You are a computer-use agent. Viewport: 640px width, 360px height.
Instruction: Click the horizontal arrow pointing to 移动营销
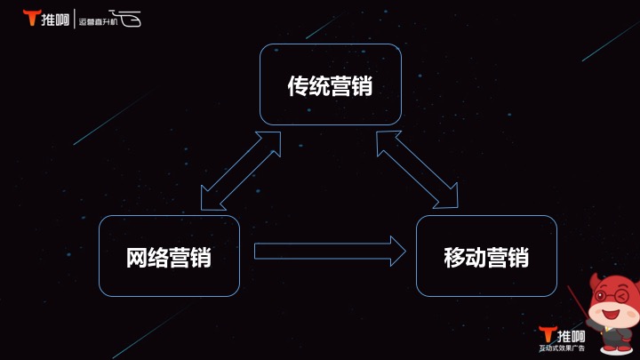click(x=330, y=251)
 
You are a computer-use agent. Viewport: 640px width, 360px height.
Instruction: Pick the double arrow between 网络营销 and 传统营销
click(x=241, y=171)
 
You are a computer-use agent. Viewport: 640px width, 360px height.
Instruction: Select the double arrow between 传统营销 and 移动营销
click(x=417, y=170)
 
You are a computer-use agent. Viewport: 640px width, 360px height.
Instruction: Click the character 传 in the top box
click(x=299, y=86)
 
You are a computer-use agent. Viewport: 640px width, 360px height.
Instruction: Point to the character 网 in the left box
click(x=137, y=258)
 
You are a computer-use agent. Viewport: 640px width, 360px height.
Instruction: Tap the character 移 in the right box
click(x=455, y=258)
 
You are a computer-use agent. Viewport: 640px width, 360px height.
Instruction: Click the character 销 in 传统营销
click(x=362, y=86)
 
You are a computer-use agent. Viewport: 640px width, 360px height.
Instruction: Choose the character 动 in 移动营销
click(x=476, y=258)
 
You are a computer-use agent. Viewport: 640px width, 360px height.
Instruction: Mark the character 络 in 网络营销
click(x=158, y=258)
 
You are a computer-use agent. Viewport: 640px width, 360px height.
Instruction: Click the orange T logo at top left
click(x=31, y=18)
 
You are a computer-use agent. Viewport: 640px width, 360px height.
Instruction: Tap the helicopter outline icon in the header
click(x=126, y=18)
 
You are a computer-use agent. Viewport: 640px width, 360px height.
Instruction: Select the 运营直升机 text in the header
click(x=98, y=21)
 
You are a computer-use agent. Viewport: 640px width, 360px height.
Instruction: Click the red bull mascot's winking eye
click(x=621, y=296)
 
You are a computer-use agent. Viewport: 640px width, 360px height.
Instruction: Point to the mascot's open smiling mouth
click(x=611, y=315)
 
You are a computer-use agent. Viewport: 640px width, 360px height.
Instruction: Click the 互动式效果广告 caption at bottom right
click(x=562, y=348)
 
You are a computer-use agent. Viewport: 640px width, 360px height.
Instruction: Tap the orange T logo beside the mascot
click(x=547, y=334)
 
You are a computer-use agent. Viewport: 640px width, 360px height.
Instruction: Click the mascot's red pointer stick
click(x=579, y=302)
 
